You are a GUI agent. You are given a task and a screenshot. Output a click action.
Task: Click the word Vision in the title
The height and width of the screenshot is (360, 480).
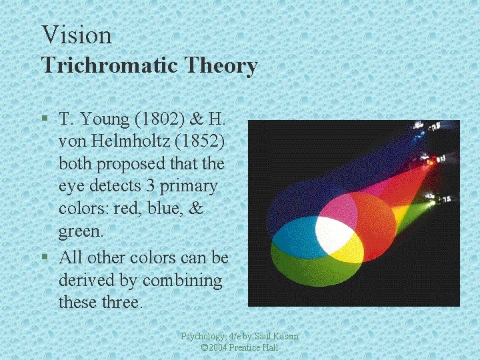click(x=76, y=35)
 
